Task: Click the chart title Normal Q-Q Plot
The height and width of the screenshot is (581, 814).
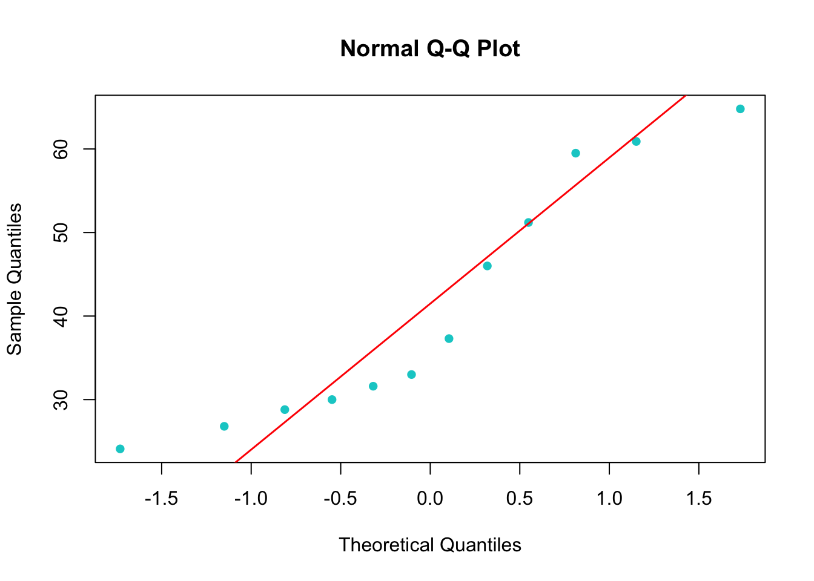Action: tap(430, 48)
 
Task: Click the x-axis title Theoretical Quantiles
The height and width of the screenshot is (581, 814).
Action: tap(430, 545)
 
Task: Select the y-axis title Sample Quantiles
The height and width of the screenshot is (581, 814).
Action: tap(15, 279)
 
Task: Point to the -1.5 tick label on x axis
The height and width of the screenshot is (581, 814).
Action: tap(161, 499)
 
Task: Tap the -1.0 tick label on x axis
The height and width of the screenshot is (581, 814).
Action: tap(251, 499)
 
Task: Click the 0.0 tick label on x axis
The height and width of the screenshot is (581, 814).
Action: tap(430, 499)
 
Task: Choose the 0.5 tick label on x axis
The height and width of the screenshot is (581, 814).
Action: tap(520, 499)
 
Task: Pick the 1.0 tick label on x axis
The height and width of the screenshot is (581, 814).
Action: tap(609, 499)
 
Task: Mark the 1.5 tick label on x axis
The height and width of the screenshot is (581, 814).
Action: tap(699, 499)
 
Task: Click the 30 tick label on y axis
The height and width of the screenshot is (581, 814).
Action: tap(61, 399)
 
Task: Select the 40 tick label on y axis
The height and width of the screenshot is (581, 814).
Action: tap(61, 316)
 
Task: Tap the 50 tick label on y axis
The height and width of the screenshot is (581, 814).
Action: tap(61, 232)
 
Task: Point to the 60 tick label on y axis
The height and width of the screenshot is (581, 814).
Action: tap(61, 149)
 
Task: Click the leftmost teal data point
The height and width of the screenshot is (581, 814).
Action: tap(120, 448)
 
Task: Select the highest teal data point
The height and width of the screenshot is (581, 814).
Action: tap(740, 109)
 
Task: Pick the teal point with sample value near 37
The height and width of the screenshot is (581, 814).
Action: tap(449, 338)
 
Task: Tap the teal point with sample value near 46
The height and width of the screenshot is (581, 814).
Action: tap(487, 266)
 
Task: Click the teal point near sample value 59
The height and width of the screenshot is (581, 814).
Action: tap(575, 153)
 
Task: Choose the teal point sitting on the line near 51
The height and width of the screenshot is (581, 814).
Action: tap(528, 222)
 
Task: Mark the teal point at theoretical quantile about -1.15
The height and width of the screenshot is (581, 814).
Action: tap(224, 426)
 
